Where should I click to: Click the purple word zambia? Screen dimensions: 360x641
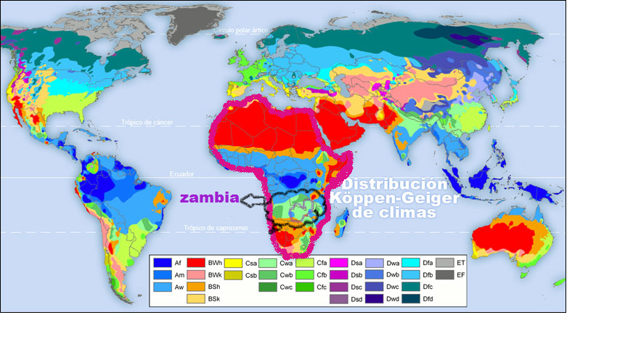tap(210, 198)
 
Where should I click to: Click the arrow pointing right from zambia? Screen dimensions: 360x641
tap(254, 198)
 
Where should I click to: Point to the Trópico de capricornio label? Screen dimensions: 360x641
tap(217, 228)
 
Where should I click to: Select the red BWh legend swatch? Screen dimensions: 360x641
tap(196, 262)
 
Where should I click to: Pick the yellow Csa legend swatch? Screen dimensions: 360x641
tap(233, 262)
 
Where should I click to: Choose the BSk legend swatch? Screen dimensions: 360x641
tap(196, 298)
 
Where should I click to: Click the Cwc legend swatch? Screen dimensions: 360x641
tap(269, 287)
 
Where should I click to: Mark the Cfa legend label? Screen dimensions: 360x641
tap(322, 262)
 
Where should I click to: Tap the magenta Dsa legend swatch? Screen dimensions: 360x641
tap(339, 262)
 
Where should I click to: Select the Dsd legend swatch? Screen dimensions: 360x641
tap(339, 298)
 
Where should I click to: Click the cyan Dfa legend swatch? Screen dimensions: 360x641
tap(410, 262)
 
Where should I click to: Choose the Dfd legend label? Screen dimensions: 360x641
tap(428, 298)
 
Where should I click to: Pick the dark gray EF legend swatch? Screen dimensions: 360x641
tap(446, 274)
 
